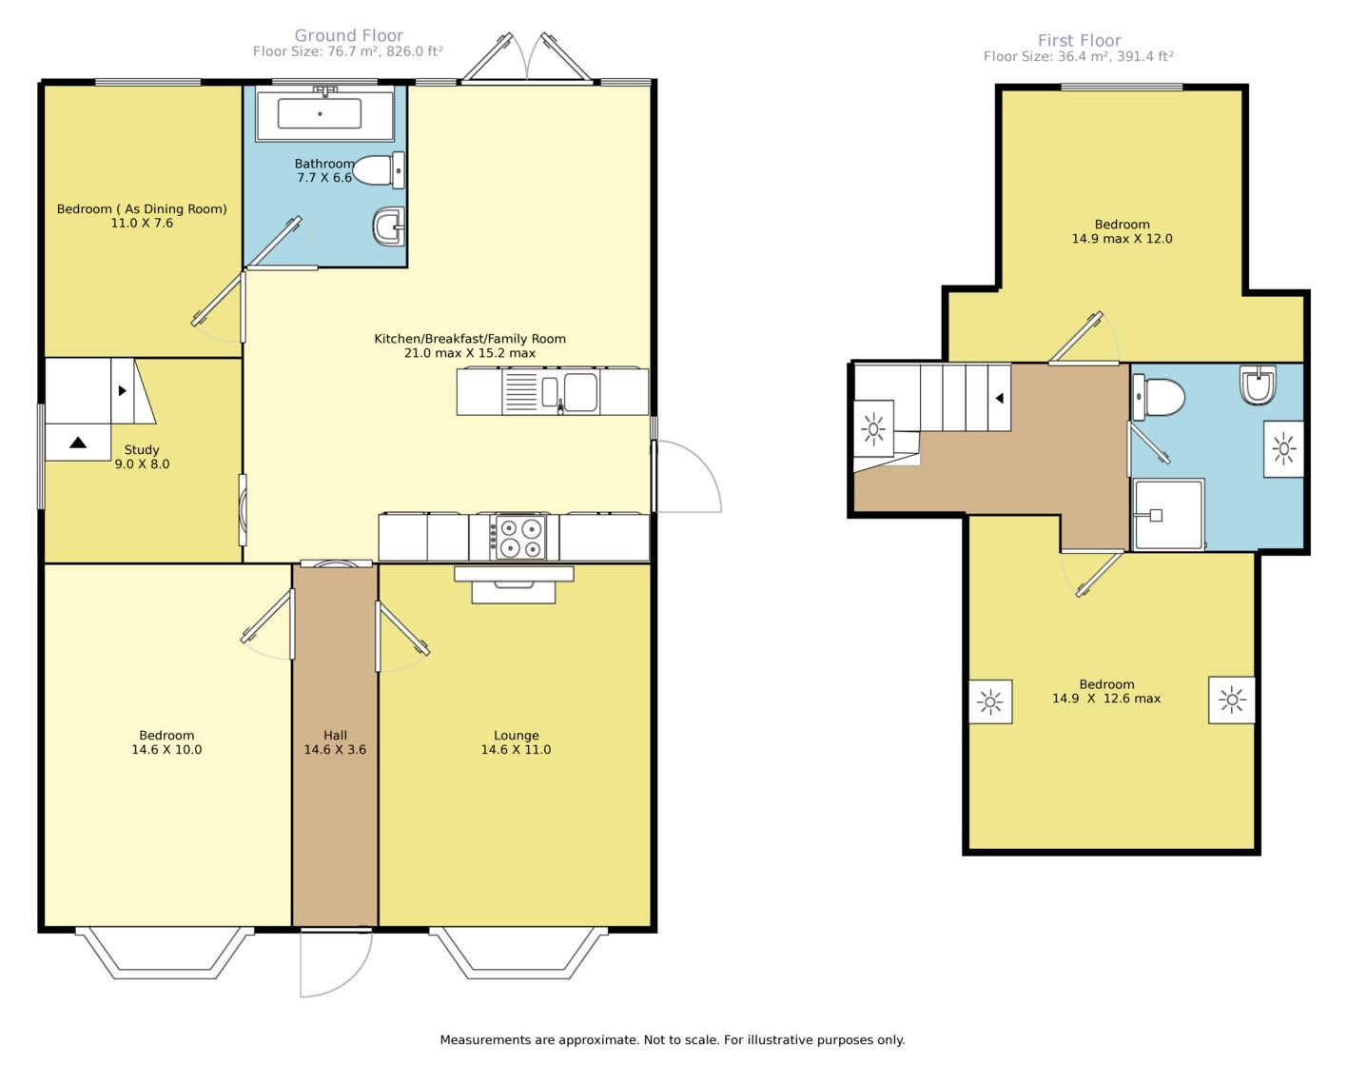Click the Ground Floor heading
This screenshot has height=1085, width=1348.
[349, 36]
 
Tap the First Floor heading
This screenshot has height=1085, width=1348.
[1080, 41]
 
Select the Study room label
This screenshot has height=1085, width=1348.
[142, 449]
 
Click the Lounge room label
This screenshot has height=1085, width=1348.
[517, 736]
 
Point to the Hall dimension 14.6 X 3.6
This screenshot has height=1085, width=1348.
[335, 750]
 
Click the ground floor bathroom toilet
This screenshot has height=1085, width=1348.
[379, 169]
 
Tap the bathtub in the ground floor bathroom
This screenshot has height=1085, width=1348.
[324, 113]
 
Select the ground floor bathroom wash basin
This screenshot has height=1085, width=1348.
[389, 227]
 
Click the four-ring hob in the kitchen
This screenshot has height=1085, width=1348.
[516, 538]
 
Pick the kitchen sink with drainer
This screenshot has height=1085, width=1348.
[551, 392]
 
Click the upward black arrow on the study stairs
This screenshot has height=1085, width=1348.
[78, 443]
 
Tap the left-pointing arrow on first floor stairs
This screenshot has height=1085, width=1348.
[1000, 398]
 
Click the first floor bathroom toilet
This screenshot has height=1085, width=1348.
[1159, 397]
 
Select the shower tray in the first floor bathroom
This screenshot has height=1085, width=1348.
[1169, 515]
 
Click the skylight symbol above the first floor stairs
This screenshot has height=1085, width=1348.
[874, 429]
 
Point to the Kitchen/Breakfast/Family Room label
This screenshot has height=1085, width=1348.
[470, 339]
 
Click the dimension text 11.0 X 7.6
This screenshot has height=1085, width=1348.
[142, 223]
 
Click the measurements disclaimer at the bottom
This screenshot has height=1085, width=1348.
[673, 1040]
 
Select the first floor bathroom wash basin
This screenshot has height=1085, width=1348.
[1258, 385]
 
